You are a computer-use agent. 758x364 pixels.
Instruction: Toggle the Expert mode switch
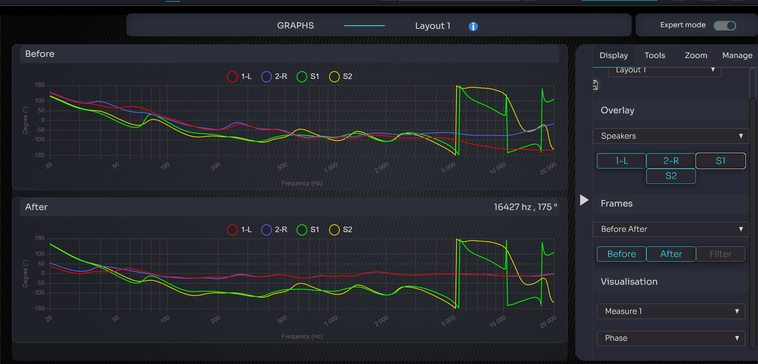click(725, 25)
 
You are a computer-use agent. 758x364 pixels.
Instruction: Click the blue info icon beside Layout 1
click(473, 26)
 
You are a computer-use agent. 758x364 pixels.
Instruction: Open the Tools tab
click(655, 55)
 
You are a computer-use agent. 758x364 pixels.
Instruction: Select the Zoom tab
click(696, 55)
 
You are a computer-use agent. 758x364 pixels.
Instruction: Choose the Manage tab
click(737, 55)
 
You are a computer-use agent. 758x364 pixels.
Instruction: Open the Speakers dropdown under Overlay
click(671, 136)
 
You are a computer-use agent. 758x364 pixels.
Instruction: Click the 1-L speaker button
click(621, 161)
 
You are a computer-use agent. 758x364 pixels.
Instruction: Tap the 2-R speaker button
click(671, 161)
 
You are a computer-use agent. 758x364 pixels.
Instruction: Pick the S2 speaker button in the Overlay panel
click(671, 176)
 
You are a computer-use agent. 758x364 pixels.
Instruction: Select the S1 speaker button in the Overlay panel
click(720, 161)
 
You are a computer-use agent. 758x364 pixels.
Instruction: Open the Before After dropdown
click(671, 229)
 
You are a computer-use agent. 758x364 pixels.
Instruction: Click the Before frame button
click(621, 254)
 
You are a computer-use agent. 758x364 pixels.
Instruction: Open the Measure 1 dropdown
click(671, 311)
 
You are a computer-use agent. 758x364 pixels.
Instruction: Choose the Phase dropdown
click(671, 338)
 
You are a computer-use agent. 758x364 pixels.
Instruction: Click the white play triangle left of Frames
click(584, 200)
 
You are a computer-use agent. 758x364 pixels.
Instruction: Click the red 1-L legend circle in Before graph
click(232, 77)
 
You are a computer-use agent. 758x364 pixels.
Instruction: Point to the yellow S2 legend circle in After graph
click(334, 230)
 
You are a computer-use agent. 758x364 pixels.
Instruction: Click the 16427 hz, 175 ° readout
click(525, 207)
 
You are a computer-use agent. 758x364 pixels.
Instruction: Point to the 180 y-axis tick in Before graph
click(40, 85)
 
